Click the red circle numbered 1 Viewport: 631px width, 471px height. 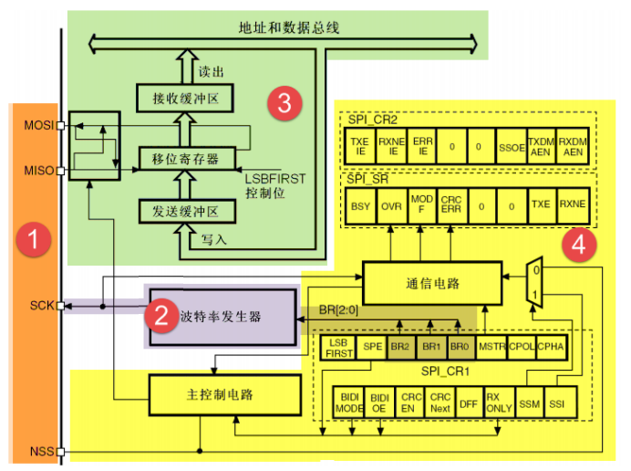tap(35, 242)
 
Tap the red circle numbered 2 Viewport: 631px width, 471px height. tap(161, 316)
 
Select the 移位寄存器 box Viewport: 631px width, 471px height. tap(186, 158)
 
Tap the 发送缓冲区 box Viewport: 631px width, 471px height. tap(186, 212)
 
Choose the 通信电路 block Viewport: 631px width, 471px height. tap(432, 283)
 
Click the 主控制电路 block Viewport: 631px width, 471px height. tap(224, 393)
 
